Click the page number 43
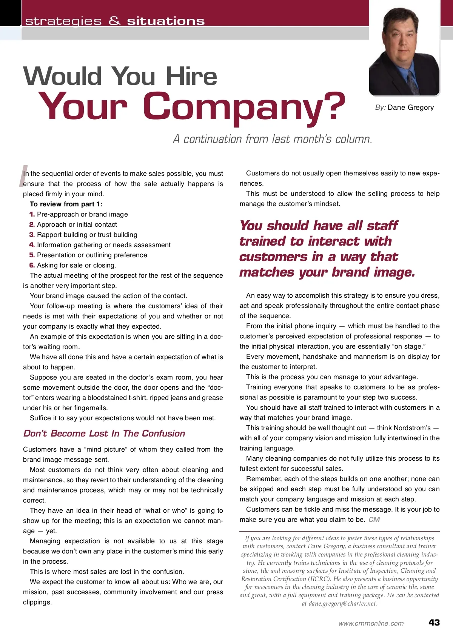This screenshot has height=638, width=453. pyautogui.click(x=434, y=623)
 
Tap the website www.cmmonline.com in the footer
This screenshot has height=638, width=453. pyautogui.click(x=371, y=624)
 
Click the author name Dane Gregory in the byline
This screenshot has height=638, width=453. pyautogui.click(x=411, y=108)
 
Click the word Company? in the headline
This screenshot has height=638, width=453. pyautogui.click(x=244, y=107)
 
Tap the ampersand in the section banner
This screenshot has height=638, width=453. pyautogui.click(x=114, y=21)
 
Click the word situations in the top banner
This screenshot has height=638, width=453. pyautogui.click(x=166, y=21)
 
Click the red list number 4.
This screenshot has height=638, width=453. pyautogui.click(x=32, y=245)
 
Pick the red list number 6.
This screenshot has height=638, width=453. pyautogui.click(x=32, y=265)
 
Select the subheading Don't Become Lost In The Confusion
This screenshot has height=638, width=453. pyautogui.click(x=104, y=433)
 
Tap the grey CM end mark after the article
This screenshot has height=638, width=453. pyautogui.click(x=374, y=520)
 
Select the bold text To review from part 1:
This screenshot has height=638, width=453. pyautogui.click(x=66, y=204)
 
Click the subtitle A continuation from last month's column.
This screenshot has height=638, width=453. pyautogui.click(x=273, y=139)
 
